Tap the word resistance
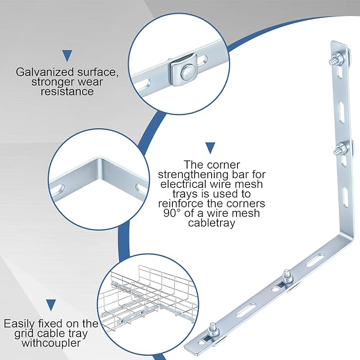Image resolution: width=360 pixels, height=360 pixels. click(x=67, y=92)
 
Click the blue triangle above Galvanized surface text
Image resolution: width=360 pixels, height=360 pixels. click(x=67, y=56)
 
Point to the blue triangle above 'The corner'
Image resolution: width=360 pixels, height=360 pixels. click(x=210, y=148)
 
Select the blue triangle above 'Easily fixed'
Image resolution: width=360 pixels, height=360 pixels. click(x=51, y=305)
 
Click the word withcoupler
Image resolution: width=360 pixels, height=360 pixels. click(x=51, y=343)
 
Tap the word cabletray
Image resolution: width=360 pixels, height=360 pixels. click(x=212, y=223)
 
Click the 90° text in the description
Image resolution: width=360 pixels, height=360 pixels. click(x=172, y=213)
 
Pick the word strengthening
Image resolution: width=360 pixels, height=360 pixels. click(x=192, y=175)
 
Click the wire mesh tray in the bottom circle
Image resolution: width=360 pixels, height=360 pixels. click(x=149, y=296)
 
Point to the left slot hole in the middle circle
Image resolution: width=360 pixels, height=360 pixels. click(x=62, y=188)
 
